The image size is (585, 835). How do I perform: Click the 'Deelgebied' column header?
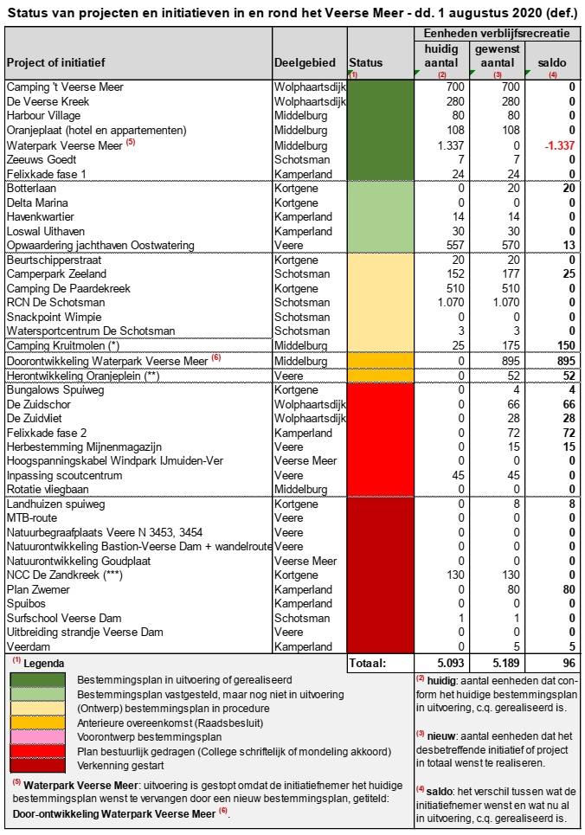305,63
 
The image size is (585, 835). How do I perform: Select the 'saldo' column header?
552,63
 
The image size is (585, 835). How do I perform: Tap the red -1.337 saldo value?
559,145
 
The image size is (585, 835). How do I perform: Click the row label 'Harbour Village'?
43,116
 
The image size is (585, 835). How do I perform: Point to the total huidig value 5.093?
451,663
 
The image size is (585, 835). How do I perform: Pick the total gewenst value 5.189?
505,663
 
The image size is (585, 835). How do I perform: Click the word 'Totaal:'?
368,663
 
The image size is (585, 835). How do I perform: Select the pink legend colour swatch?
38,737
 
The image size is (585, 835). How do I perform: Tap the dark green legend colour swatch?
38,680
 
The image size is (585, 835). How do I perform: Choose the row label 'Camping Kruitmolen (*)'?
63,345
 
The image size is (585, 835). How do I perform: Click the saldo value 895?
566,361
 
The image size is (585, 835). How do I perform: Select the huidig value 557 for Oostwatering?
455,246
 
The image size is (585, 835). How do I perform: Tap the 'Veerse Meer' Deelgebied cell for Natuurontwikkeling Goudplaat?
305,561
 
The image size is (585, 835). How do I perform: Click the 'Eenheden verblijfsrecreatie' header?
497,34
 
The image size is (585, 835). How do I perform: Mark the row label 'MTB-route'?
32,517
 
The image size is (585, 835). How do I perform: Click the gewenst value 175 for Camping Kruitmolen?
511,345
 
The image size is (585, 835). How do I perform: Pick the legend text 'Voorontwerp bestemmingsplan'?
149,737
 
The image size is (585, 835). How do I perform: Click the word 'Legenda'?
43,664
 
